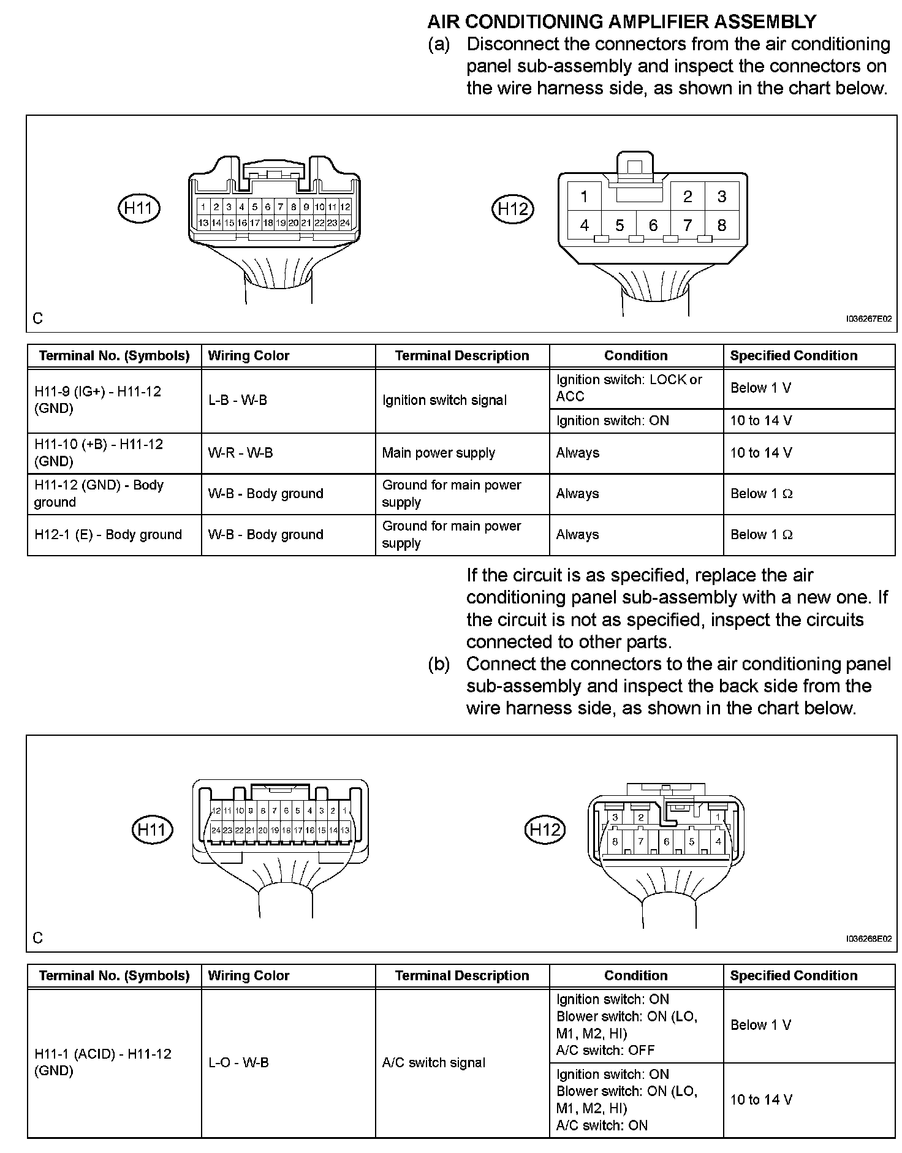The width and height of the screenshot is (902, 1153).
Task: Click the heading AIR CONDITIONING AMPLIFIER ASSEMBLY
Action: click(621, 21)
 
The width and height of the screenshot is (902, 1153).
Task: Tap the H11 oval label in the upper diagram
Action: click(138, 208)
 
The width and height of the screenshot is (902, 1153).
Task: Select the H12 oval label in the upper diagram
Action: click(513, 209)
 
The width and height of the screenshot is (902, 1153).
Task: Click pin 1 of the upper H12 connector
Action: click(584, 196)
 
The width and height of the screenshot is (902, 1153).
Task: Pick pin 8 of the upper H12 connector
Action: click(721, 225)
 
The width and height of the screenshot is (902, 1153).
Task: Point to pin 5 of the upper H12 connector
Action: click(620, 225)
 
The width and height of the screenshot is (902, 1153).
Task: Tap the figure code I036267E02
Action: click(868, 319)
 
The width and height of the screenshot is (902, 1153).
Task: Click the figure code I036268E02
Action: click(868, 939)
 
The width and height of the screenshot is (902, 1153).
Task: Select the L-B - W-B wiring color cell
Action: click(238, 400)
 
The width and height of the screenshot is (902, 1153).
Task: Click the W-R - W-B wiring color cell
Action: click(240, 453)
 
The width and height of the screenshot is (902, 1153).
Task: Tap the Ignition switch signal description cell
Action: click(444, 400)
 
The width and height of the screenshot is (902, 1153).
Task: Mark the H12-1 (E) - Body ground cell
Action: click(108, 534)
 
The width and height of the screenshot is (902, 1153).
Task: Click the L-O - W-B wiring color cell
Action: click(238, 1062)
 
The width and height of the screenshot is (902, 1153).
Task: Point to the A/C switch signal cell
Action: click(433, 1062)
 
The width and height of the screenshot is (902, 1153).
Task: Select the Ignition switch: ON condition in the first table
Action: click(612, 420)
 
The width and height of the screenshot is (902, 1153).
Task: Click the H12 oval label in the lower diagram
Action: click(544, 830)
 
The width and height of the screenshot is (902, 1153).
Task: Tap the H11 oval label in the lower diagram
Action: click(153, 830)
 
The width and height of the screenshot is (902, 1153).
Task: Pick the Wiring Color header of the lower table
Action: click(248, 975)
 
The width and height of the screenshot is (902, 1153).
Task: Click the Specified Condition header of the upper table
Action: click(794, 355)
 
